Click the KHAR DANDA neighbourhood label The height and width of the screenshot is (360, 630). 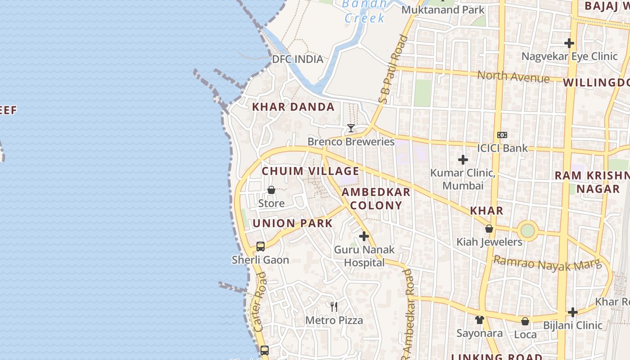[x=293, y=107]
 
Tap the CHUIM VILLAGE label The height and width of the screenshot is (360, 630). [x=310, y=171]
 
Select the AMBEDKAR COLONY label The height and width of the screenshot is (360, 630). [x=376, y=198]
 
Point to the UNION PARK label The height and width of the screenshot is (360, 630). [x=292, y=223]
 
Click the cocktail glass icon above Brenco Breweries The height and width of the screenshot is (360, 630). [x=351, y=128]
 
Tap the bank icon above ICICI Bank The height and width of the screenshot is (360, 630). [x=502, y=135]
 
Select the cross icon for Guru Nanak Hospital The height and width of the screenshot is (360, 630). [x=364, y=236]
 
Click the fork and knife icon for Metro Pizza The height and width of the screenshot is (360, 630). [x=334, y=307]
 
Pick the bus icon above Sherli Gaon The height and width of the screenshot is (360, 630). [x=261, y=247]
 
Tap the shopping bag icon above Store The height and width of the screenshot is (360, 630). [x=271, y=190]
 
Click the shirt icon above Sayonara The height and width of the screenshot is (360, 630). [x=480, y=320]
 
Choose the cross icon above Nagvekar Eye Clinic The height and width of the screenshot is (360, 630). [x=569, y=43]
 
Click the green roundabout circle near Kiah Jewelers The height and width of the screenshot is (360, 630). [x=527, y=231]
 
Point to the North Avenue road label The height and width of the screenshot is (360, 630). [x=513, y=76]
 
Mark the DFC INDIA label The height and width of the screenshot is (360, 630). [x=297, y=59]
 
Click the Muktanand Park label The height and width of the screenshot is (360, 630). [x=443, y=10]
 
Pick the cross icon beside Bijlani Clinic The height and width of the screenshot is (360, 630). [x=572, y=312]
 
